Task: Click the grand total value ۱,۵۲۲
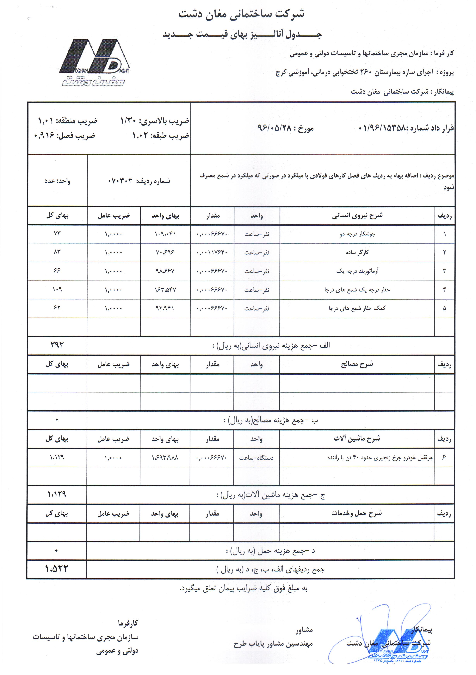coord(56,569)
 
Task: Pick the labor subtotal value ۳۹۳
coord(57,344)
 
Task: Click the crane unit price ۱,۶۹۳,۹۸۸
coord(165,457)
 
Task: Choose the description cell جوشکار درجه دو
coord(357,234)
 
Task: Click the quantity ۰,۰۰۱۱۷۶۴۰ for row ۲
coord(212,252)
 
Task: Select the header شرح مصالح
coord(357,364)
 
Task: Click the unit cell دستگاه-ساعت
coord(256,457)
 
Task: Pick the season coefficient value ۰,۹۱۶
coord(44,136)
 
